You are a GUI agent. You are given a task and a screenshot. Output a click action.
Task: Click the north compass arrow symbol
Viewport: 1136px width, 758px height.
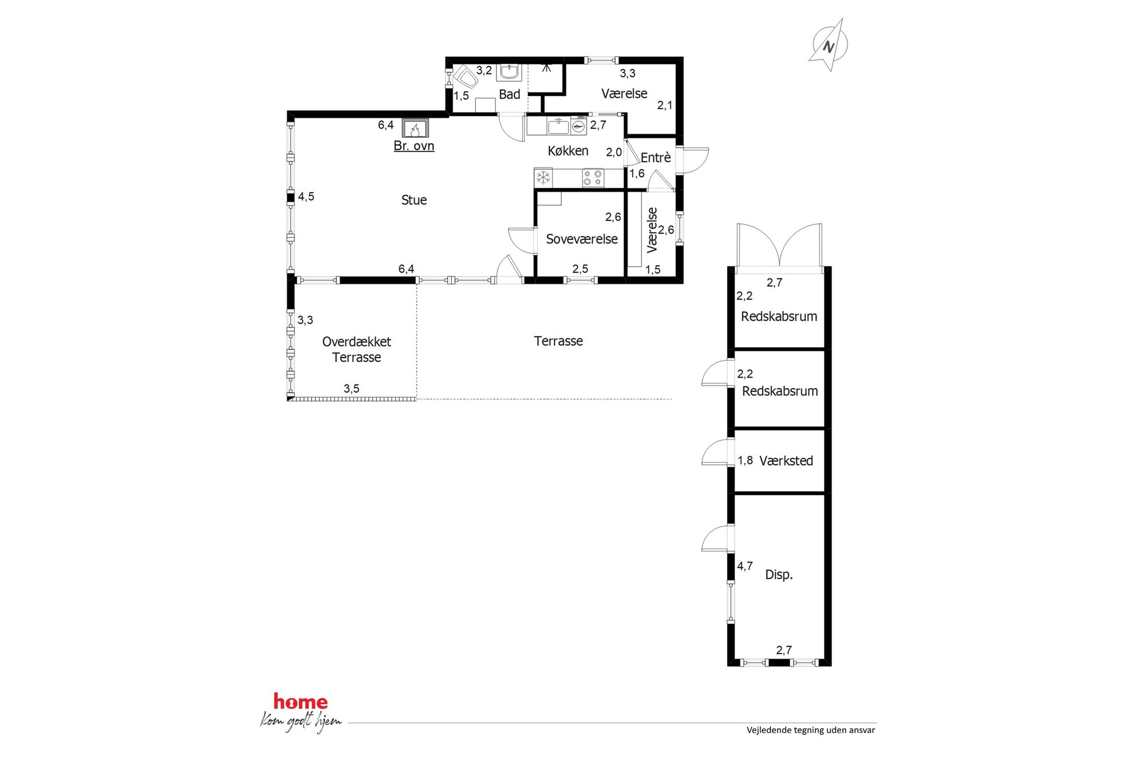pos(829,45)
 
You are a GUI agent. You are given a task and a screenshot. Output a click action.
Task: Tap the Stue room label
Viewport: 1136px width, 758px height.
pos(414,200)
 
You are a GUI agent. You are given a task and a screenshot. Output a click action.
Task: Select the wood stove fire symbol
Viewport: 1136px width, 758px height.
pos(415,128)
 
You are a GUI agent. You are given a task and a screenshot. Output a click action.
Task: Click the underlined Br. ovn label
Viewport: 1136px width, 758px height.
pos(414,146)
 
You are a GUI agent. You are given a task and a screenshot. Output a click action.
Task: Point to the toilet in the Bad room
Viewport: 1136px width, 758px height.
pos(465,76)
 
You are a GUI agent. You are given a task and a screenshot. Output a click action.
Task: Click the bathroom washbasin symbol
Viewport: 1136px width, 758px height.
pos(509,72)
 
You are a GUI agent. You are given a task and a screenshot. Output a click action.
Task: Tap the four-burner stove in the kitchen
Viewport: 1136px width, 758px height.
pos(593,178)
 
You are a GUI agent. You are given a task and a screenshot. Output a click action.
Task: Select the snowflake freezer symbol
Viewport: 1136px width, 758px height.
pos(543,178)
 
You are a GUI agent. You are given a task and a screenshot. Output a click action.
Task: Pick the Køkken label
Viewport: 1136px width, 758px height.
pos(568,151)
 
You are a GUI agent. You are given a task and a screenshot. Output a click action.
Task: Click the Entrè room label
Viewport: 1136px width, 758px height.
pos(656,158)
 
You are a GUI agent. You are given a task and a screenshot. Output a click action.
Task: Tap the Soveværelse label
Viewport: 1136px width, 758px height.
pos(582,239)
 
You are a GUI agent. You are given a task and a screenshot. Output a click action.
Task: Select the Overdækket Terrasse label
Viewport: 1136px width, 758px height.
pos(357,349)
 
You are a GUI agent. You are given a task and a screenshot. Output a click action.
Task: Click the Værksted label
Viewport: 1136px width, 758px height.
pos(786,461)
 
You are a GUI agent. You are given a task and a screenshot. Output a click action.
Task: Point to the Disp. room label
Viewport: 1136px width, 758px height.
pos(779,575)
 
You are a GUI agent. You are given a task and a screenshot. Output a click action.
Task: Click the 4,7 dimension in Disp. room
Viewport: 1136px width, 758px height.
pos(745,566)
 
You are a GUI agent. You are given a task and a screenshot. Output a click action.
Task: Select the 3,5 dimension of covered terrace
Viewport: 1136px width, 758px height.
pos(352,388)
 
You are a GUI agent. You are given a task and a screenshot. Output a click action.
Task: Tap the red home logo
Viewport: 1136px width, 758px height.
pos(301,701)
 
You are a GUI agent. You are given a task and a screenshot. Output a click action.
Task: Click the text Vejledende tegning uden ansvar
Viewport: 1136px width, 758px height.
pos(811,730)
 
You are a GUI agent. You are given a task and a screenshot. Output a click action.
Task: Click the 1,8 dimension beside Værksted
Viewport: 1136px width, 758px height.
pos(745,460)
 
